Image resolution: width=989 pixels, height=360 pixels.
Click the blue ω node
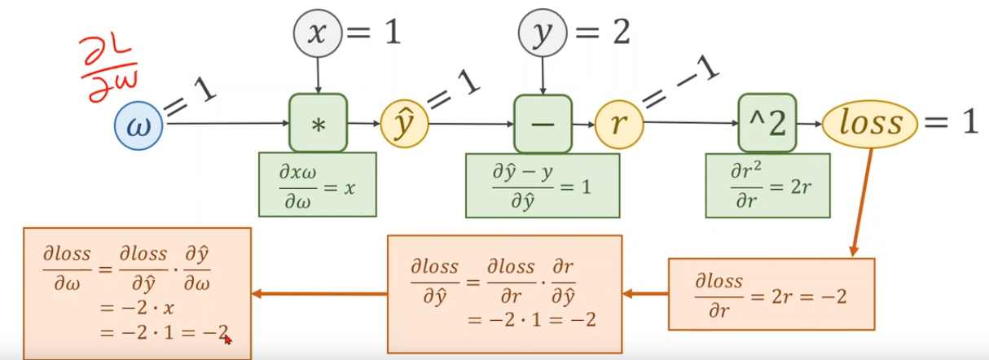139,125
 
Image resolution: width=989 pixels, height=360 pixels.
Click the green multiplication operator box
318,123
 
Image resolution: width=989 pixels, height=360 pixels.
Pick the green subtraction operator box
543,124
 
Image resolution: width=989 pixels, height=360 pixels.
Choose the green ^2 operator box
767,123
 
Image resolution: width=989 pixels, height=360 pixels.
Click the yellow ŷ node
404,125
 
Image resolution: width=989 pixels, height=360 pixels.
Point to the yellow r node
619,125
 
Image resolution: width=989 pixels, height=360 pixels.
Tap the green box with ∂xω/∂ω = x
318,184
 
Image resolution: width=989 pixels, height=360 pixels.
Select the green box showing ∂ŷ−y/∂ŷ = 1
543,185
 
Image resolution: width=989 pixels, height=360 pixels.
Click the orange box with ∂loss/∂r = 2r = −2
771,293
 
